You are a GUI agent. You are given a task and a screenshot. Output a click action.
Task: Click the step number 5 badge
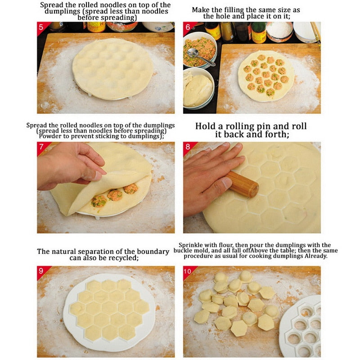41,27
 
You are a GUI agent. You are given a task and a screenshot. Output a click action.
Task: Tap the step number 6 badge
188,27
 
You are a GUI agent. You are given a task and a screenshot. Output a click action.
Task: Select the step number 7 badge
41,147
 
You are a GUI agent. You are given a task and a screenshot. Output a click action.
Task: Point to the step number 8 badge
188,147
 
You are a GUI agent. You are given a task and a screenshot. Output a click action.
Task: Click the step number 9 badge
41,271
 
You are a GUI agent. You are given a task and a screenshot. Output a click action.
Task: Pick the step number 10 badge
189,271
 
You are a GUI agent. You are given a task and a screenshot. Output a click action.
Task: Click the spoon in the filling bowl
198,55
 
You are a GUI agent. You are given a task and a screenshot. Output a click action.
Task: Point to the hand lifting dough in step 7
67,164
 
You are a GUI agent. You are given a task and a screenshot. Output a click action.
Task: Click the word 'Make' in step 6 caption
201,9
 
